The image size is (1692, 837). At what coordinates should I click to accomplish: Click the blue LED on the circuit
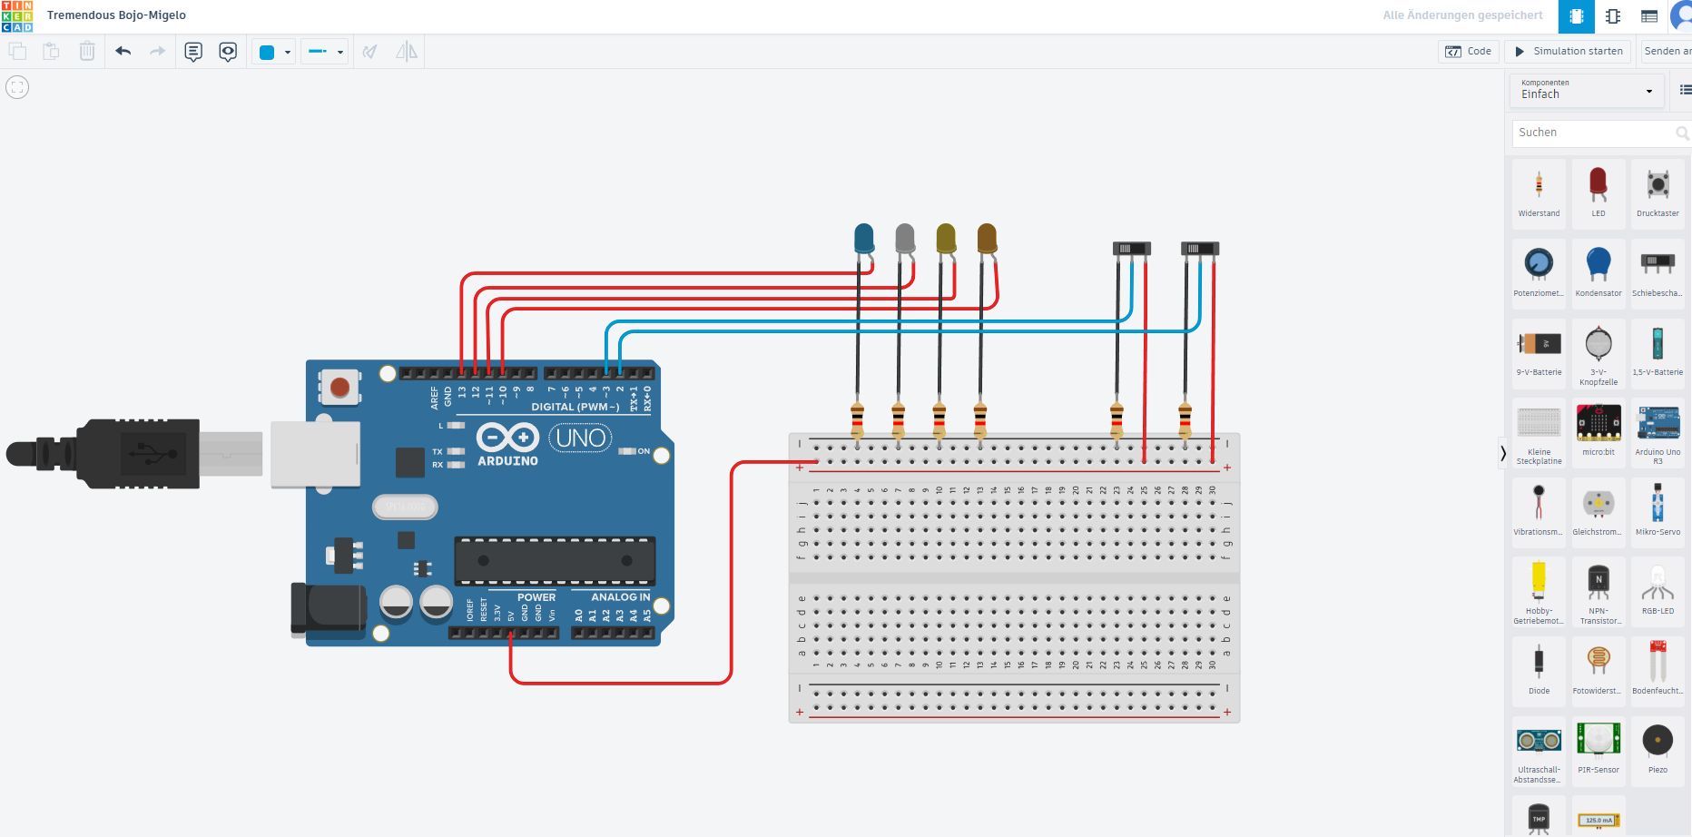864,239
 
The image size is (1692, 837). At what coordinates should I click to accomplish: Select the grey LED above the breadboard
905,239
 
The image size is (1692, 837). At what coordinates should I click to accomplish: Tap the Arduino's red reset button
340,388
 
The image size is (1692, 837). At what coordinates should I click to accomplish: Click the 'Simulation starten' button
1569,52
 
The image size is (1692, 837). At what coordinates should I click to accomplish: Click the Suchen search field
1593,133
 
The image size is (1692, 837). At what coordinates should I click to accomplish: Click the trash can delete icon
87,52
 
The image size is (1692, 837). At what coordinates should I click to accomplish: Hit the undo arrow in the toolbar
123,52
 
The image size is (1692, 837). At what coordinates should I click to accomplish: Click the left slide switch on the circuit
1131,249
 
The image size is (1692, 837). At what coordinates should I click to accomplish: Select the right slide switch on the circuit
1199,249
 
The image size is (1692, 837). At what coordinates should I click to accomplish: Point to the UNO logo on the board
581,438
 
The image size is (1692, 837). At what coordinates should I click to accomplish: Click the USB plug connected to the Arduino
136,454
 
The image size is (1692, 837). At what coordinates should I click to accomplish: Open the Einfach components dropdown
1587,91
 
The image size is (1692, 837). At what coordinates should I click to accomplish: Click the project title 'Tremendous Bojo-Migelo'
116,15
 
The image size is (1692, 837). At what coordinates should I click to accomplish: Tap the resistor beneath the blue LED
857,420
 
